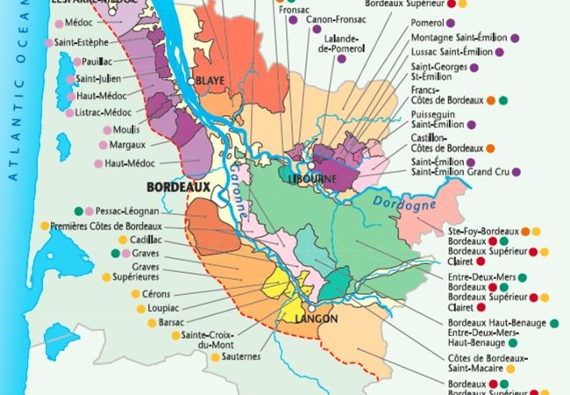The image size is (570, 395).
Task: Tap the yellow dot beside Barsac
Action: pyautogui.click(x=152, y=322)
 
